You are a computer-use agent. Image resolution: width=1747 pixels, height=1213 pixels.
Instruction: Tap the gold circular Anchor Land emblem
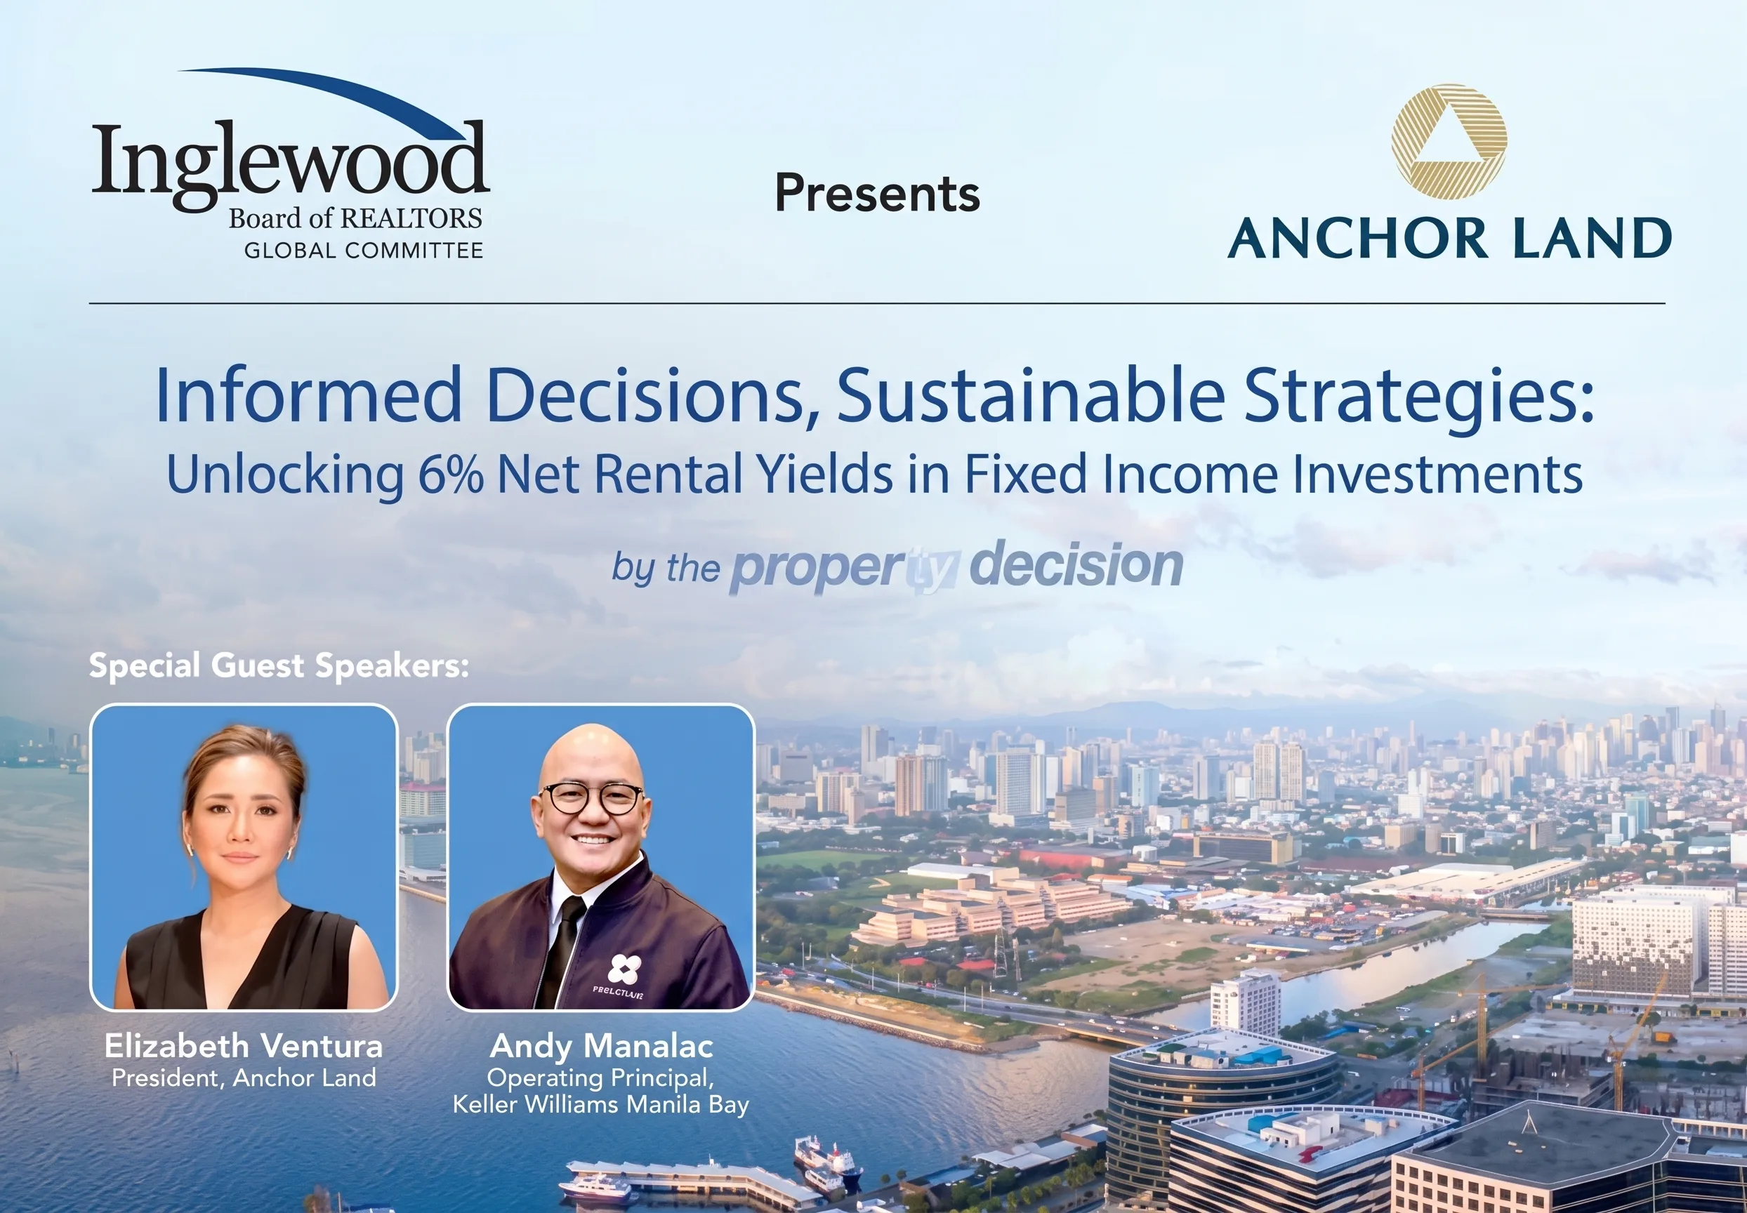pos(1449,142)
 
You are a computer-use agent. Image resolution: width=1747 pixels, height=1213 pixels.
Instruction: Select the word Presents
pos(877,193)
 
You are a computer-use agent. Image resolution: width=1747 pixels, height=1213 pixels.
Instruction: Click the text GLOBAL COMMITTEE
pos(364,250)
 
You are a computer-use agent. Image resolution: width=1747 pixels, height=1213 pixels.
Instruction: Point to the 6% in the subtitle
pos(451,475)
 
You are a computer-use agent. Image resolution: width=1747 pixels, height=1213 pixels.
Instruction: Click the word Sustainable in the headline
pos(1031,395)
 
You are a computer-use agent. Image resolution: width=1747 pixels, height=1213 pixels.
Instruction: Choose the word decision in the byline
pos(1076,564)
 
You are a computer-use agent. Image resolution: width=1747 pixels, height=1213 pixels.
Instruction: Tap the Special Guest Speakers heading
pos(279,665)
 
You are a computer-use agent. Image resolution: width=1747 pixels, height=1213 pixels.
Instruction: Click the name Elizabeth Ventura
pos(243,1046)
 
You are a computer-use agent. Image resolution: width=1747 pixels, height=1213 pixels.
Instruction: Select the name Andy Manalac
pos(601,1047)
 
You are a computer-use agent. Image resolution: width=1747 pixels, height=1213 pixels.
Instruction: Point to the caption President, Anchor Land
pos(243,1078)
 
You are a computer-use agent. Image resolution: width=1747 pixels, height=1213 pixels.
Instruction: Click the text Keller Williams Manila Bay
pos(600,1104)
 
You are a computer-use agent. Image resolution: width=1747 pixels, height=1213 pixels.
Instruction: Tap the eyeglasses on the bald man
pos(591,799)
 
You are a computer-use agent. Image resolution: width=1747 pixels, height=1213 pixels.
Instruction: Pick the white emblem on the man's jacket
pos(624,968)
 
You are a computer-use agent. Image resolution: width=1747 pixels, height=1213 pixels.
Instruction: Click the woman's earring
pos(290,853)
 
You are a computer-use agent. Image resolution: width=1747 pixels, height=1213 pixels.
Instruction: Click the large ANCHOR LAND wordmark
pos(1449,238)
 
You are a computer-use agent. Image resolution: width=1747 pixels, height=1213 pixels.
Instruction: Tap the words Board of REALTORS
pos(355,219)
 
